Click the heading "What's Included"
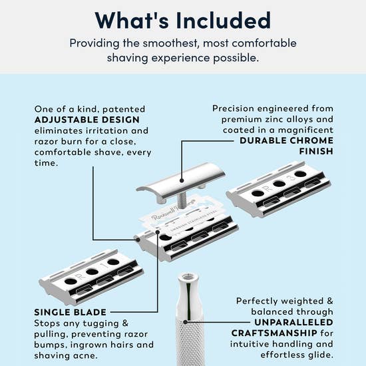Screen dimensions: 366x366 [x=182, y=20]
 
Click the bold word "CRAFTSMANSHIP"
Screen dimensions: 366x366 [x=259, y=333]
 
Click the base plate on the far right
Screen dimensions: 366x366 [x=279, y=193]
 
